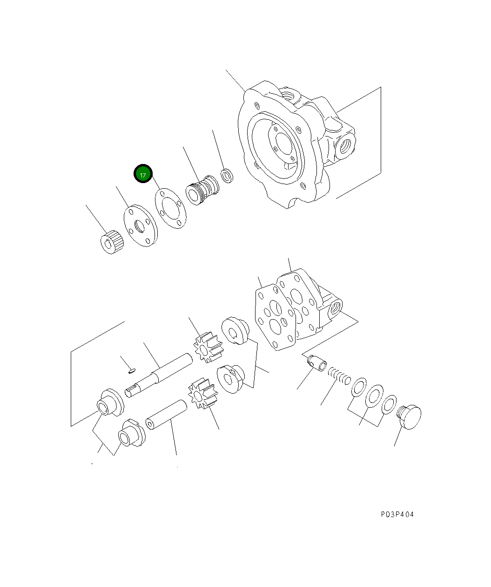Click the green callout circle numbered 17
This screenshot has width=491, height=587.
143,174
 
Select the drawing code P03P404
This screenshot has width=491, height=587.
397,514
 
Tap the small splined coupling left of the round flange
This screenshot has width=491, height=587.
112,242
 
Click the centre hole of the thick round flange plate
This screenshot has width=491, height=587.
139,227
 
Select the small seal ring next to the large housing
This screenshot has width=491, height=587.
227,177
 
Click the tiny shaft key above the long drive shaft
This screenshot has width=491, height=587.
132,371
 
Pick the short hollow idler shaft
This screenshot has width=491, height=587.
166,414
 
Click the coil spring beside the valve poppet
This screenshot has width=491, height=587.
339,375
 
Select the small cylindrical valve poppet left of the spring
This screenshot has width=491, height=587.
318,363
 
